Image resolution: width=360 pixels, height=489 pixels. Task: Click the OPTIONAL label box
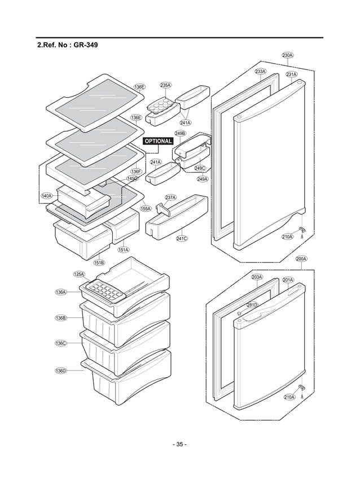point(158,141)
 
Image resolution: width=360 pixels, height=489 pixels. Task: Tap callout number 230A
point(287,55)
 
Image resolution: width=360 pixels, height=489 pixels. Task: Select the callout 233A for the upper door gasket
point(260,72)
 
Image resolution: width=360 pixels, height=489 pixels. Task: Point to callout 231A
point(291,75)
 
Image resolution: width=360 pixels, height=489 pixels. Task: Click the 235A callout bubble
point(165,85)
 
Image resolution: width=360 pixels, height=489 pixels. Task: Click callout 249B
point(180,133)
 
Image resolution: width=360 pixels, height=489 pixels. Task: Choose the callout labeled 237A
point(170,198)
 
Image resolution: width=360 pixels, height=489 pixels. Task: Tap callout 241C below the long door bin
point(182,239)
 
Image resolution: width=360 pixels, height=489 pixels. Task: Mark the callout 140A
point(46,196)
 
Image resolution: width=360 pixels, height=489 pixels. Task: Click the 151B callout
point(99,262)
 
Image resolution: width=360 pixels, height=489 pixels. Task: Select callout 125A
point(79,274)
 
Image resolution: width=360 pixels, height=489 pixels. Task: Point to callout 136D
point(61,370)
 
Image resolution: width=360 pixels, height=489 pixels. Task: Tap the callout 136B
point(61,318)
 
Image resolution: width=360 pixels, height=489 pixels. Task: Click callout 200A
point(301,259)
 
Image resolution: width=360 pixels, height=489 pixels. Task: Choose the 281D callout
point(252,305)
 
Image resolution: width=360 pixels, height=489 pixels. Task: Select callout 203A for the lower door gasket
point(257,277)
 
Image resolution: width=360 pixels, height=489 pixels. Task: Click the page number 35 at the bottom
point(179,444)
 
